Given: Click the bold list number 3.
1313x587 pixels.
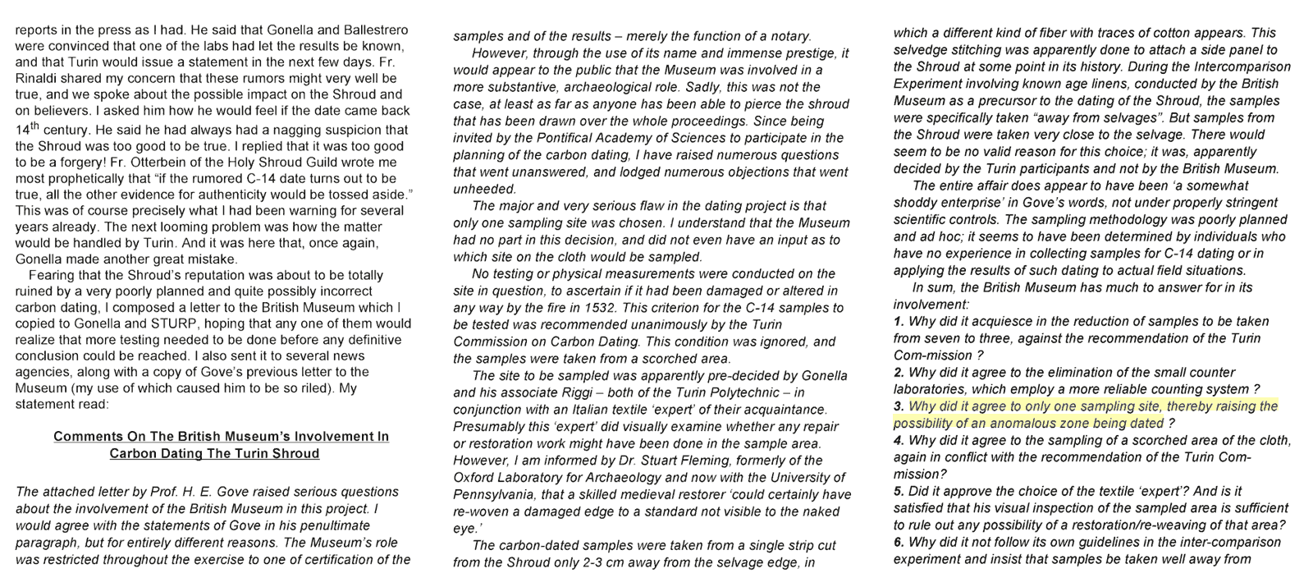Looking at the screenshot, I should (899, 406).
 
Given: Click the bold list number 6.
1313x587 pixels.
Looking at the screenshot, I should (899, 543).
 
